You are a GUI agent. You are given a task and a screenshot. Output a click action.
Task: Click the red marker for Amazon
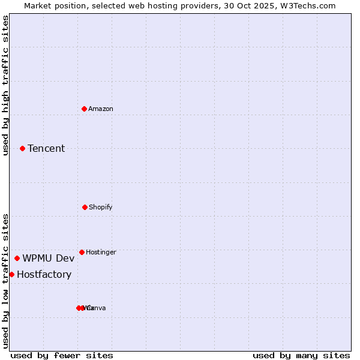coord(84,109)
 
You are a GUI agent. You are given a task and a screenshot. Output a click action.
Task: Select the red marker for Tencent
coord(22,148)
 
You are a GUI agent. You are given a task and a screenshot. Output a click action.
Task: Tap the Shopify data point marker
coord(85,207)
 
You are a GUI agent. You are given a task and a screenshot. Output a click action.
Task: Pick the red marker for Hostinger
coord(82,252)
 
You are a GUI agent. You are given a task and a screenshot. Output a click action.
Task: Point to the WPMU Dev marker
coord(17,258)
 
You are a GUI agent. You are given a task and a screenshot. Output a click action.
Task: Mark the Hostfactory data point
coord(11,274)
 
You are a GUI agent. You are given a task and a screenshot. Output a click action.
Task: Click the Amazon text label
coord(101,109)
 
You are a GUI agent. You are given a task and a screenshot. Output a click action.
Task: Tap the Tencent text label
coord(46,148)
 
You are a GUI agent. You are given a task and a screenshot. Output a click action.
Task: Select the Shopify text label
coord(101,207)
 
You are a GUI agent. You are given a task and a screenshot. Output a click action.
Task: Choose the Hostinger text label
coord(101,252)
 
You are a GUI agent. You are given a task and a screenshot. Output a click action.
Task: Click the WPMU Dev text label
coord(49,258)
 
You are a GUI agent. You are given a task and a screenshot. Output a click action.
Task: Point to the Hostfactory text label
coord(44,274)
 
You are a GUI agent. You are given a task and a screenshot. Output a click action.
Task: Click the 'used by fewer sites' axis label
coord(62,355)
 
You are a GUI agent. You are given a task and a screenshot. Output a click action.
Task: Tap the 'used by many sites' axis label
coord(301,355)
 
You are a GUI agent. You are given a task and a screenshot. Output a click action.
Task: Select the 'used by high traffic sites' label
coord(5,85)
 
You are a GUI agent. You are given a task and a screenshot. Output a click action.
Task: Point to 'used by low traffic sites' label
coord(5,281)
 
